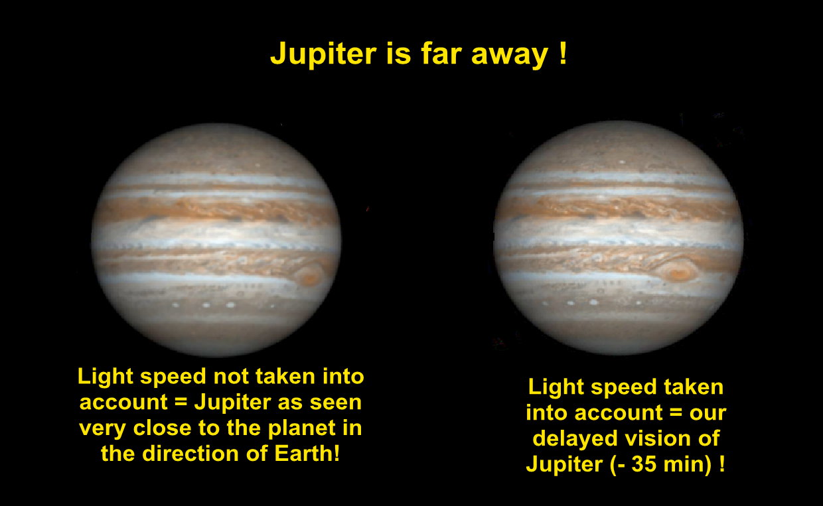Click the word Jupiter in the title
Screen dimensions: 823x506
(x=323, y=54)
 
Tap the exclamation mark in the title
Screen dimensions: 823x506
(x=563, y=53)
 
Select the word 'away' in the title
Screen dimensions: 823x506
(x=510, y=56)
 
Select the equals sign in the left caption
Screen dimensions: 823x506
(x=181, y=403)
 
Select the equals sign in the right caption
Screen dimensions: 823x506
(x=676, y=413)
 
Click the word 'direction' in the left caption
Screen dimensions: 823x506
(x=190, y=454)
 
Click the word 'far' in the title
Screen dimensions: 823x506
(x=441, y=54)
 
